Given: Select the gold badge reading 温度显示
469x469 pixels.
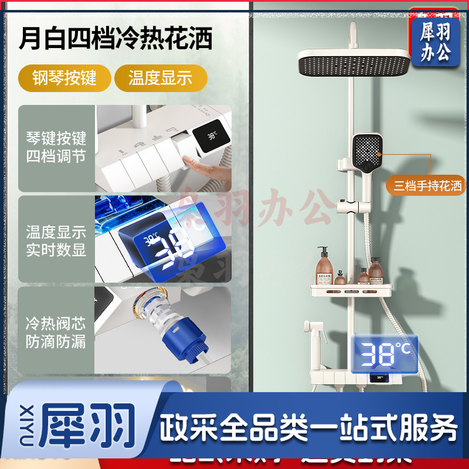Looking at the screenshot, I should click(x=160, y=77).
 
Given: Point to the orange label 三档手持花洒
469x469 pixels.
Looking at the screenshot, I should click(x=427, y=186).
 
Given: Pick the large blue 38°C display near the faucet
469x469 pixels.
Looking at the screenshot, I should click(x=383, y=354).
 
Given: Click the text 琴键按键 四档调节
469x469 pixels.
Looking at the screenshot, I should click(x=56, y=148).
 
